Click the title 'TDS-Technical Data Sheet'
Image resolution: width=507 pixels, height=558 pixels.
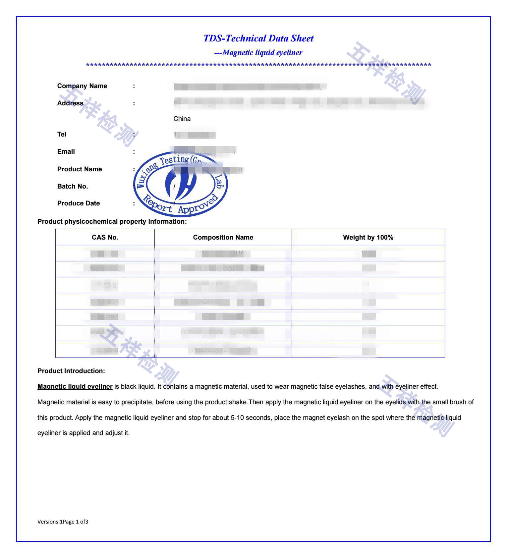[258, 38]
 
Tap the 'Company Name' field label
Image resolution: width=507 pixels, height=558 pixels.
[82, 86]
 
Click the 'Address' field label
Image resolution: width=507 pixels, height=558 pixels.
[70, 103]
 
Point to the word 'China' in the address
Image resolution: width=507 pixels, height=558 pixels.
[182, 119]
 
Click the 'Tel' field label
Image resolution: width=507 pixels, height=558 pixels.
[62, 135]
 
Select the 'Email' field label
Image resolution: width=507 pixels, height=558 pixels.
[66, 152]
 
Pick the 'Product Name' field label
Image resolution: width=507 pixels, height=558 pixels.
[80, 169]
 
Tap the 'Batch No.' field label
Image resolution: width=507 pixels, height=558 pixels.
[73, 187]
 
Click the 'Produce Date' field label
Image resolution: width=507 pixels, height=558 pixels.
[79, 203]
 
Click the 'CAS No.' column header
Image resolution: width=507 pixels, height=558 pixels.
[105, 238]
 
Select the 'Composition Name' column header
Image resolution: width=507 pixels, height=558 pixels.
[223, 238]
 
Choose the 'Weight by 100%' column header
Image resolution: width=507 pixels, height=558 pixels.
[368, 238]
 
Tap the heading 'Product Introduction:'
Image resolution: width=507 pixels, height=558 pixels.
[71, 371]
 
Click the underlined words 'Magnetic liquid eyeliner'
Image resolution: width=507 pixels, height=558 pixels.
[75, 387]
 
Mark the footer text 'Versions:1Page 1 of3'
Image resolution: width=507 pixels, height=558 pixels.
[63, 522]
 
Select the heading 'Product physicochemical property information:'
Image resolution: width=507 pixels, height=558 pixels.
[112, 222]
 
